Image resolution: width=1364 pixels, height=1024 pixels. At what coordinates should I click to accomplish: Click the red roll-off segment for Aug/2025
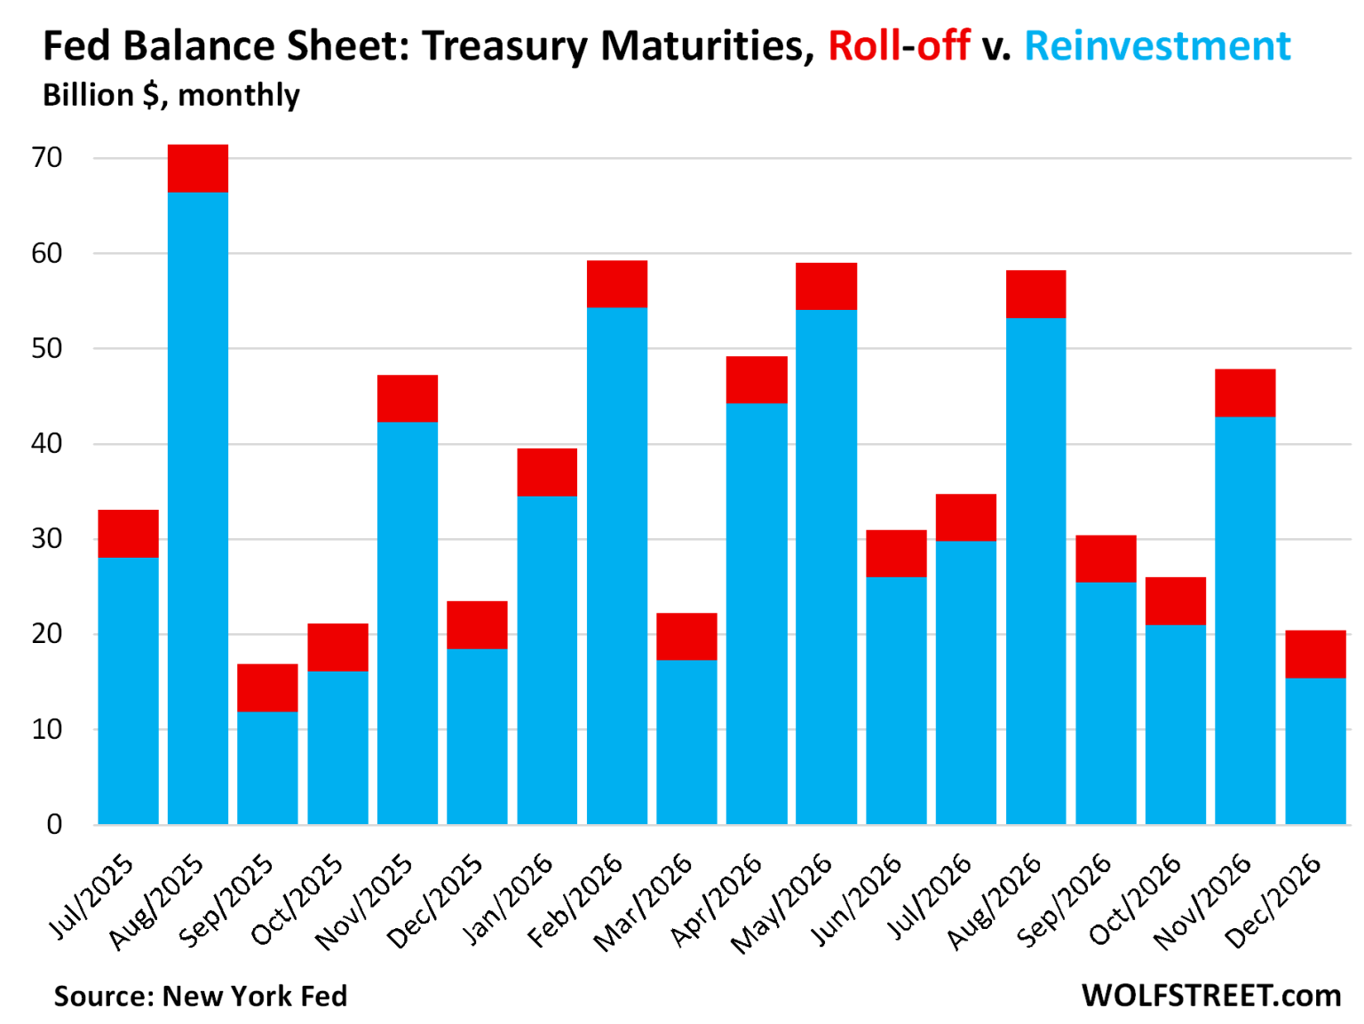198,169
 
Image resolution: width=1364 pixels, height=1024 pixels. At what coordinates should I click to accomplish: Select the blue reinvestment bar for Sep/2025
267,767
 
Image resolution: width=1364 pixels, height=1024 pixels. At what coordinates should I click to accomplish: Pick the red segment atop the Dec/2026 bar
1315,655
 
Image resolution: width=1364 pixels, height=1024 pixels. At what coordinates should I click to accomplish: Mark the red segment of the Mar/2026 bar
686,637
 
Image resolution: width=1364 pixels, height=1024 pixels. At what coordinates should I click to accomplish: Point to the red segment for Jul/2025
128,534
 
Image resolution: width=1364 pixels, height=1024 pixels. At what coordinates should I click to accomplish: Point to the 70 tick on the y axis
46,158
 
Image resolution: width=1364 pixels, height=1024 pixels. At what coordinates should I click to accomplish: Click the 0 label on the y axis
54,824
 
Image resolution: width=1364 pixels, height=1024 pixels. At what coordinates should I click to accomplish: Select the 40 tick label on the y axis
46,443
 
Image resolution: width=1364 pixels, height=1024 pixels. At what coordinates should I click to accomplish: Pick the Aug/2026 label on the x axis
995,901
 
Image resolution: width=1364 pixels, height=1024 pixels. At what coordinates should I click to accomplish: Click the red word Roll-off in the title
899,46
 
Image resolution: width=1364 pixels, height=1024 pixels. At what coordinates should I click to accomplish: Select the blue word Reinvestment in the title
1157,46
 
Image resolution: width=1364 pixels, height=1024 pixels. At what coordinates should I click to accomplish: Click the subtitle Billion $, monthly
171,95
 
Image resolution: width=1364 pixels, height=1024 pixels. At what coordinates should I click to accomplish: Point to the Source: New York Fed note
201,996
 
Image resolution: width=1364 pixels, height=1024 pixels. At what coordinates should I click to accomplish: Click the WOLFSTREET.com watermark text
1211,996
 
